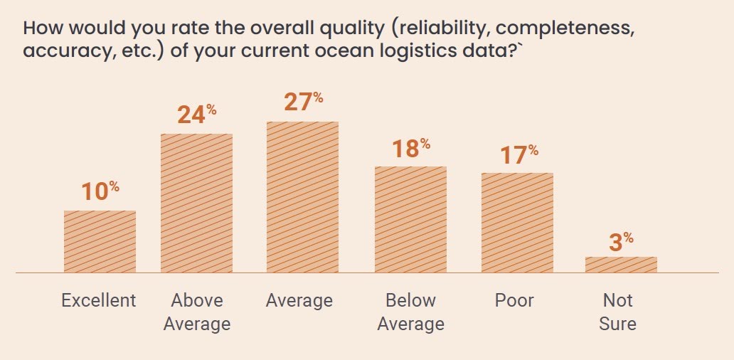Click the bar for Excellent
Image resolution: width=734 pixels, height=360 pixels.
coord(100,241)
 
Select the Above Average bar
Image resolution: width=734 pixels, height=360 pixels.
coord(196,203)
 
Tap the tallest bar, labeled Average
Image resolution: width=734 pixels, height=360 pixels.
coord(302,197)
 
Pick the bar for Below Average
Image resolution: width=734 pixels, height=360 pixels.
coord(410,219)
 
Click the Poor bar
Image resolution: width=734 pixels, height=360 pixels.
coord(517,223)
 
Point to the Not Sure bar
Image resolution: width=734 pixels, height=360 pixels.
coord(621,265)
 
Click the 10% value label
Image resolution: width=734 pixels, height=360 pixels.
coord(100,191)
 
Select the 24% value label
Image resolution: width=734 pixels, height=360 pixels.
coord(196,115)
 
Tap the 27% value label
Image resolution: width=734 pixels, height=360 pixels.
coord(302,102)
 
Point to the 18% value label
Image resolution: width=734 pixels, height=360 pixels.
coord(410,148)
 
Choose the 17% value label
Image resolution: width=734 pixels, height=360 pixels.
coord(518,154)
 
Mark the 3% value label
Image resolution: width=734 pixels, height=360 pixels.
coord(621,242)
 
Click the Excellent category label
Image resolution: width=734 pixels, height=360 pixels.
coord(99,300)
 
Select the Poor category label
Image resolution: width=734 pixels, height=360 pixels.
coord(514,300)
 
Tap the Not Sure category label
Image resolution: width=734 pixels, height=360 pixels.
coord(617,312)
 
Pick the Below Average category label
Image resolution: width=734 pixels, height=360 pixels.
coord(410,312)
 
